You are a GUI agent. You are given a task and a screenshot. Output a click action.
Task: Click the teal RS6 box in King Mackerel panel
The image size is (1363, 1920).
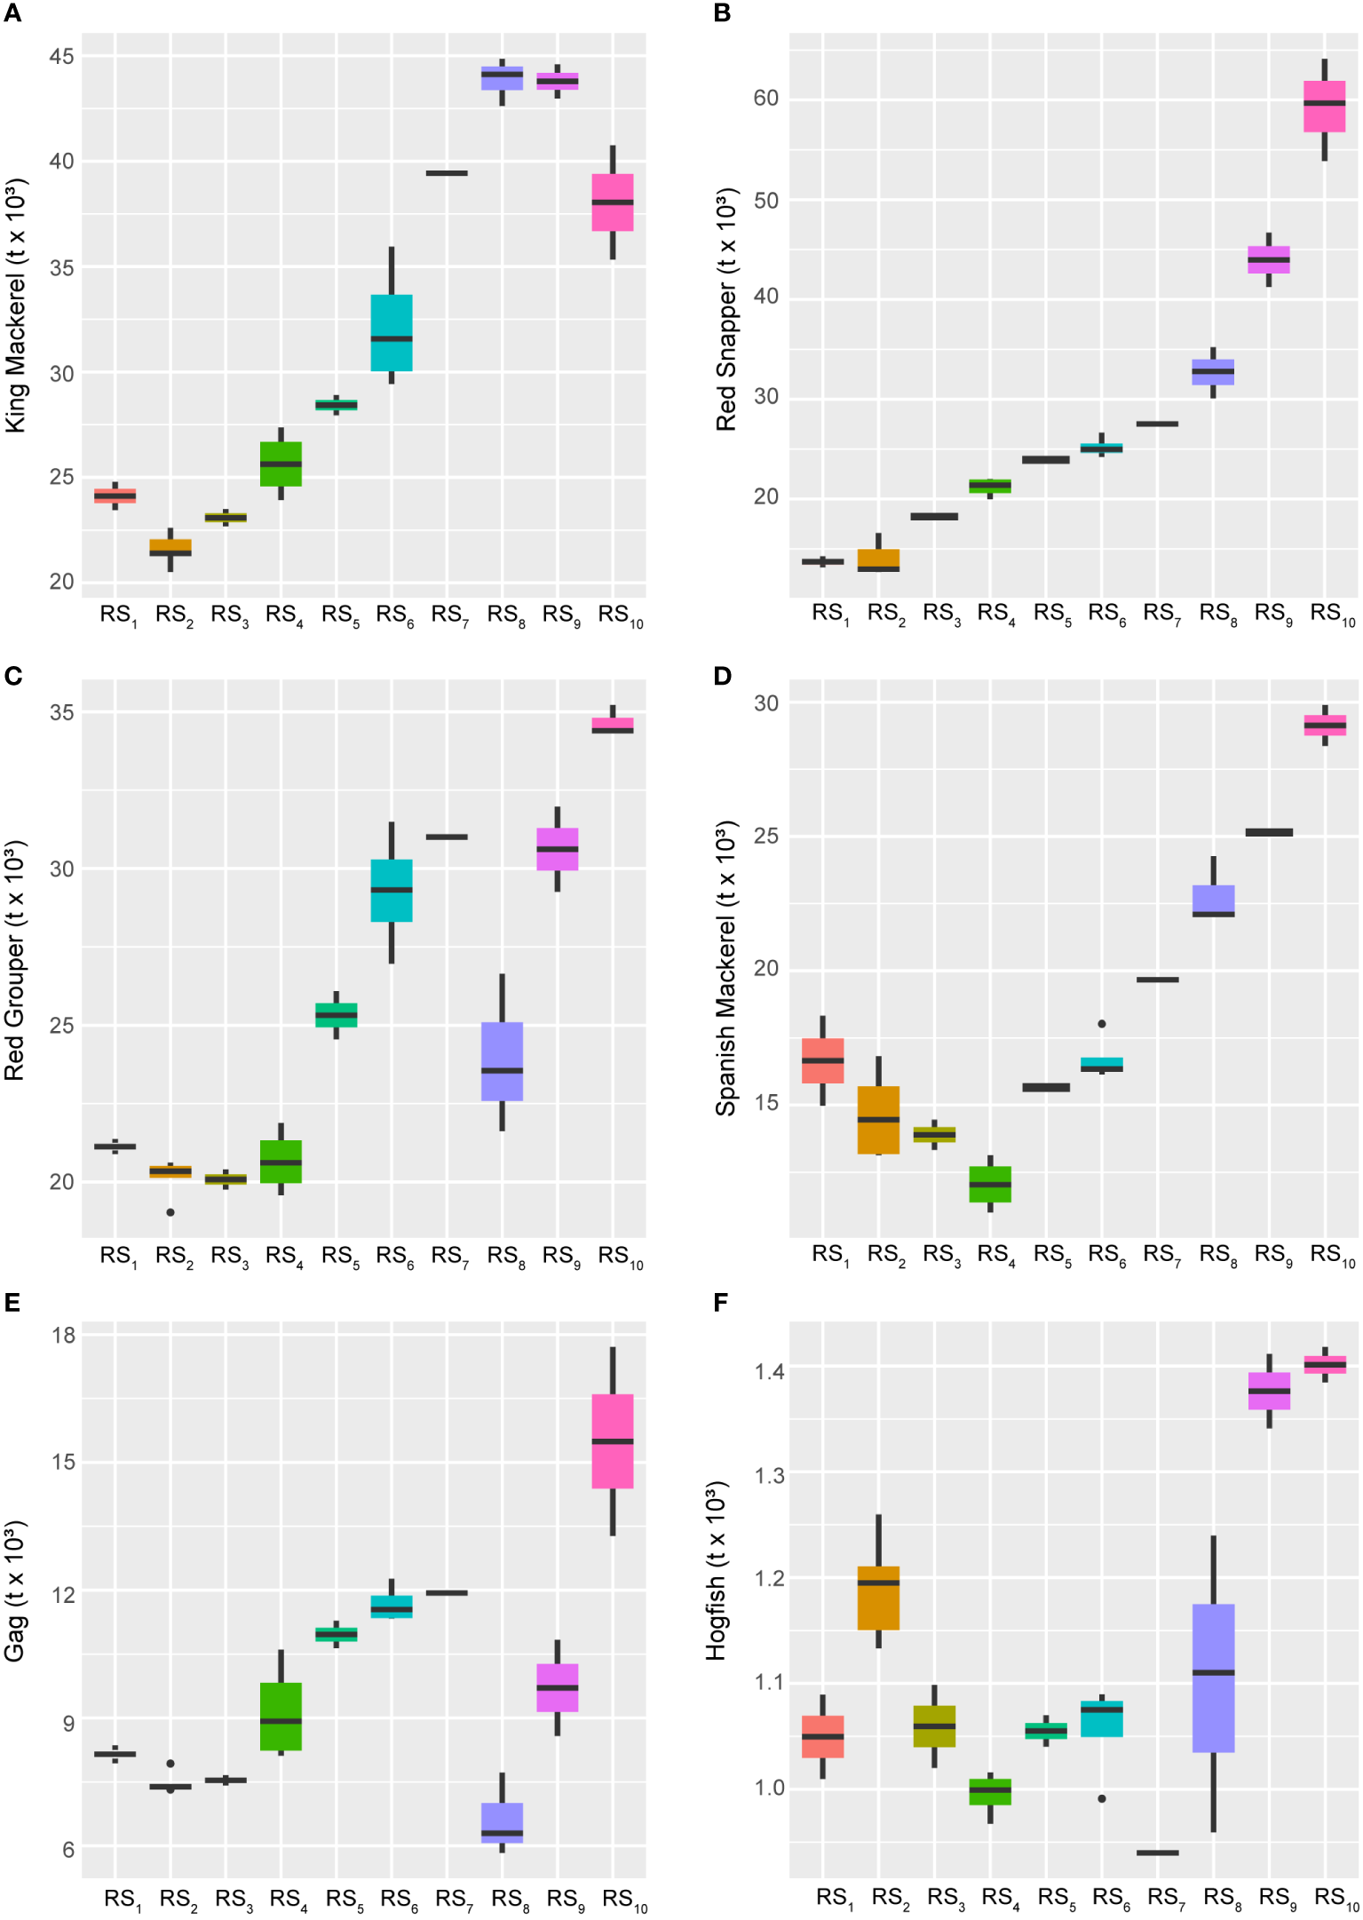coord(391,332)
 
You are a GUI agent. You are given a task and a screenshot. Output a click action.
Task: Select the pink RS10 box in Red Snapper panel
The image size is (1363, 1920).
coord(1324,107)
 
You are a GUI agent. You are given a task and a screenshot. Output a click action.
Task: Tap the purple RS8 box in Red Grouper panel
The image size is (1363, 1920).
coord(502,1061)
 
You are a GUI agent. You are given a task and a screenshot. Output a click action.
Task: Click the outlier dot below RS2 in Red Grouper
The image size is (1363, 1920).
coord(170,1212)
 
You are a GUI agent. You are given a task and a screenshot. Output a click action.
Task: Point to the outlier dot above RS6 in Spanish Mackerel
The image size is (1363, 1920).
coord(1102,1024)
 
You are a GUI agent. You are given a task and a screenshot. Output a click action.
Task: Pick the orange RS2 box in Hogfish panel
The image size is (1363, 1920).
coord(878,1598)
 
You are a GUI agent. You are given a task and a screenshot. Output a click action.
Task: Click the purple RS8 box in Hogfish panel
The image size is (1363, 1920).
coord(1213,1678)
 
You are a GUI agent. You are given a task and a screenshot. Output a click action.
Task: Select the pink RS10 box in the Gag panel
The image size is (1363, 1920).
coord(613,1440)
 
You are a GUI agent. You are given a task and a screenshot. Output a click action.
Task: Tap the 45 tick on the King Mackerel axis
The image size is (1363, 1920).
coord(62,57)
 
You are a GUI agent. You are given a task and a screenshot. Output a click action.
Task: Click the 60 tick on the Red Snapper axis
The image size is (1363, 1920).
coord(765,99)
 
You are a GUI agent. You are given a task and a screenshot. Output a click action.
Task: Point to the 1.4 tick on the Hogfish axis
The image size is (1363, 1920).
coord(769,1372)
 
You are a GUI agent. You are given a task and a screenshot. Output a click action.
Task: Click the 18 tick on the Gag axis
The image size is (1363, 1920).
coord(63,1335)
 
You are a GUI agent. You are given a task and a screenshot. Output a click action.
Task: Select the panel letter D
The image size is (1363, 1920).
coord(722,677)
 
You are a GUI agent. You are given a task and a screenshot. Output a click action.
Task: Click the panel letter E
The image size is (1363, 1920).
coord(12,1302)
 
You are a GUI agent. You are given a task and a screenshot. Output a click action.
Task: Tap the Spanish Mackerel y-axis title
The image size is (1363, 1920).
coord(726,968)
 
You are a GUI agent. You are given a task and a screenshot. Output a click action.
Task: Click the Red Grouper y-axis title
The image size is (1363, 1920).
coord(15,959)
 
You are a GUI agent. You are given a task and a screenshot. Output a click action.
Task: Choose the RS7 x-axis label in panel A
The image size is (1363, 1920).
coord(449,615)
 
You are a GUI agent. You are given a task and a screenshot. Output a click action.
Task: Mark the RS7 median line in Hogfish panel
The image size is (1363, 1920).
coord(1157,1853)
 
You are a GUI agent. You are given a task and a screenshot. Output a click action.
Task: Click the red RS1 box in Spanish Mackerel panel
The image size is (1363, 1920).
coord(823,1060)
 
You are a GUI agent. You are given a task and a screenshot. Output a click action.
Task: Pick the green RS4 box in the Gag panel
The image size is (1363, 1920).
coord(281,1716)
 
